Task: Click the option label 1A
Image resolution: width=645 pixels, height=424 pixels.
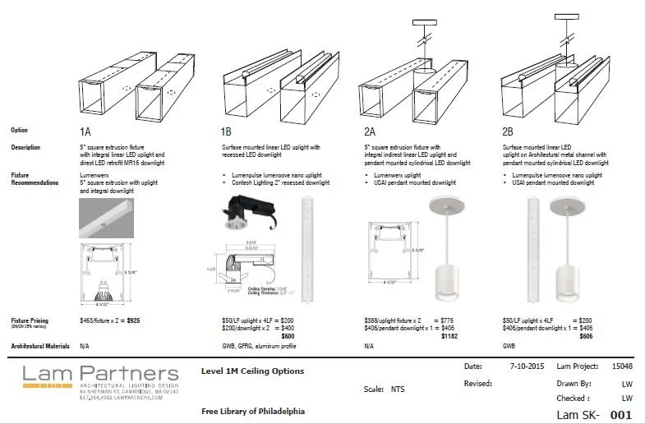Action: click(x=85, y=131)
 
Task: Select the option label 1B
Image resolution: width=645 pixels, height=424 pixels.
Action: click(x=226, y=131)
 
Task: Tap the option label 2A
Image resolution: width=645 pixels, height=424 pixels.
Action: click(x=369, y=131)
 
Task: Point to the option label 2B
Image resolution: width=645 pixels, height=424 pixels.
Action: click(x=508, y=131)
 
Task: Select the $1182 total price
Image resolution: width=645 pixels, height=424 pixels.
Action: click(x=426, y=335)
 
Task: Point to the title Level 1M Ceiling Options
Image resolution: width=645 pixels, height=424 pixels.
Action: click(x=252, y=371)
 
